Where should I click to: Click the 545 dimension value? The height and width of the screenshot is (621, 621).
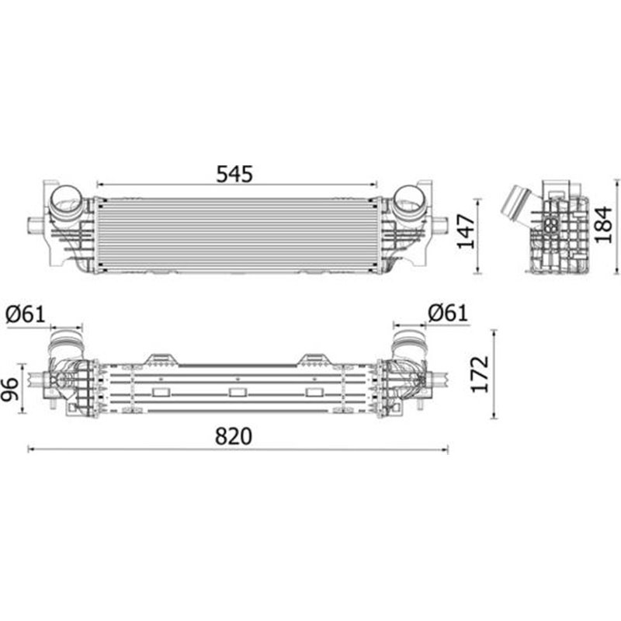point(234,174)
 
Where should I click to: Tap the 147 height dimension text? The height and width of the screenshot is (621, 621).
point(467,231)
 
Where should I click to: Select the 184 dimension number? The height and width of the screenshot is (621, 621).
point(604,224)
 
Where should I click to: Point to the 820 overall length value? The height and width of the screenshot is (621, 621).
point(234,436)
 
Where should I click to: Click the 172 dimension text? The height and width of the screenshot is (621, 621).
point(480,374)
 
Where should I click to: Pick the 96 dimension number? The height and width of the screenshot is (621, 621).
point(9,390)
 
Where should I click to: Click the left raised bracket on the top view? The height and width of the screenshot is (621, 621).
point(161,359)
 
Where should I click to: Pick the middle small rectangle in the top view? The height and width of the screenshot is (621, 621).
point(238,393)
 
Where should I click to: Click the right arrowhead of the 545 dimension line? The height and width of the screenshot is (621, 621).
point(374,185)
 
